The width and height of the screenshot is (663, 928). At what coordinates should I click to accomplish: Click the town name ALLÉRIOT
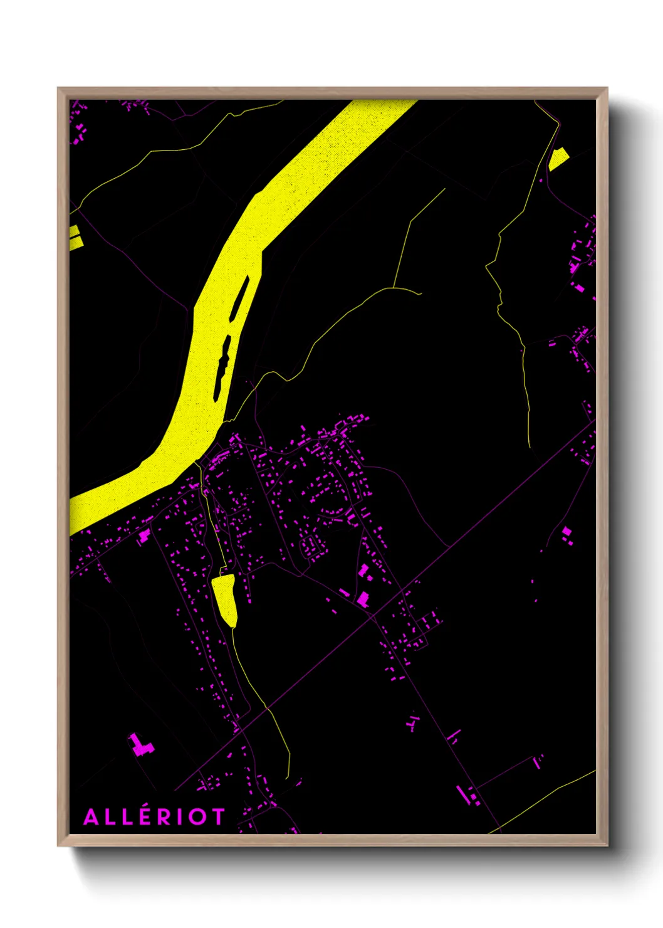154,816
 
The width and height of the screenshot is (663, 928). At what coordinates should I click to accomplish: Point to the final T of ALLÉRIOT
217,817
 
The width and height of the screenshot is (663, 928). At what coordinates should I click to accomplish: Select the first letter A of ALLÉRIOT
90,817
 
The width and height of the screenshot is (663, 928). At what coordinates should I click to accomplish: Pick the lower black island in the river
222,367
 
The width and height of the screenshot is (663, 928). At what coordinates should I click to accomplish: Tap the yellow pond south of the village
225,598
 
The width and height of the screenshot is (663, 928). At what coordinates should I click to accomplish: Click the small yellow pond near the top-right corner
558,159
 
